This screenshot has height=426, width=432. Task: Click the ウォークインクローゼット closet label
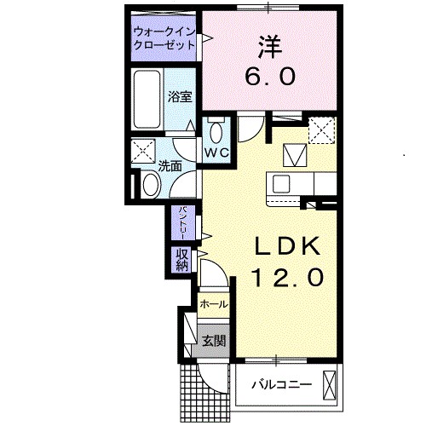coord(164,40)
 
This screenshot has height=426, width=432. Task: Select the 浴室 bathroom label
coord(179,96)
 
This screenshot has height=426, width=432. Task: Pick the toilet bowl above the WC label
coord(216,132)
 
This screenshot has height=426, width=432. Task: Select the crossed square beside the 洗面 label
coord(142,152)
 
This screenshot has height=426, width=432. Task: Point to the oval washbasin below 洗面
coord(151,183)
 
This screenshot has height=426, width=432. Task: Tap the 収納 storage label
coord(182,259)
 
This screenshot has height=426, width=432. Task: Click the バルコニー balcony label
coord(280,386)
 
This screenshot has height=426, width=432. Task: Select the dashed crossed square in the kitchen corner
coord(321,130)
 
